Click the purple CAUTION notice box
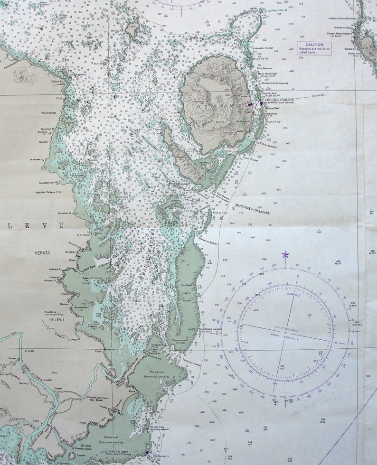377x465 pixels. click(314, 49)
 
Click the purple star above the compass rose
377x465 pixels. click(285, 254)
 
